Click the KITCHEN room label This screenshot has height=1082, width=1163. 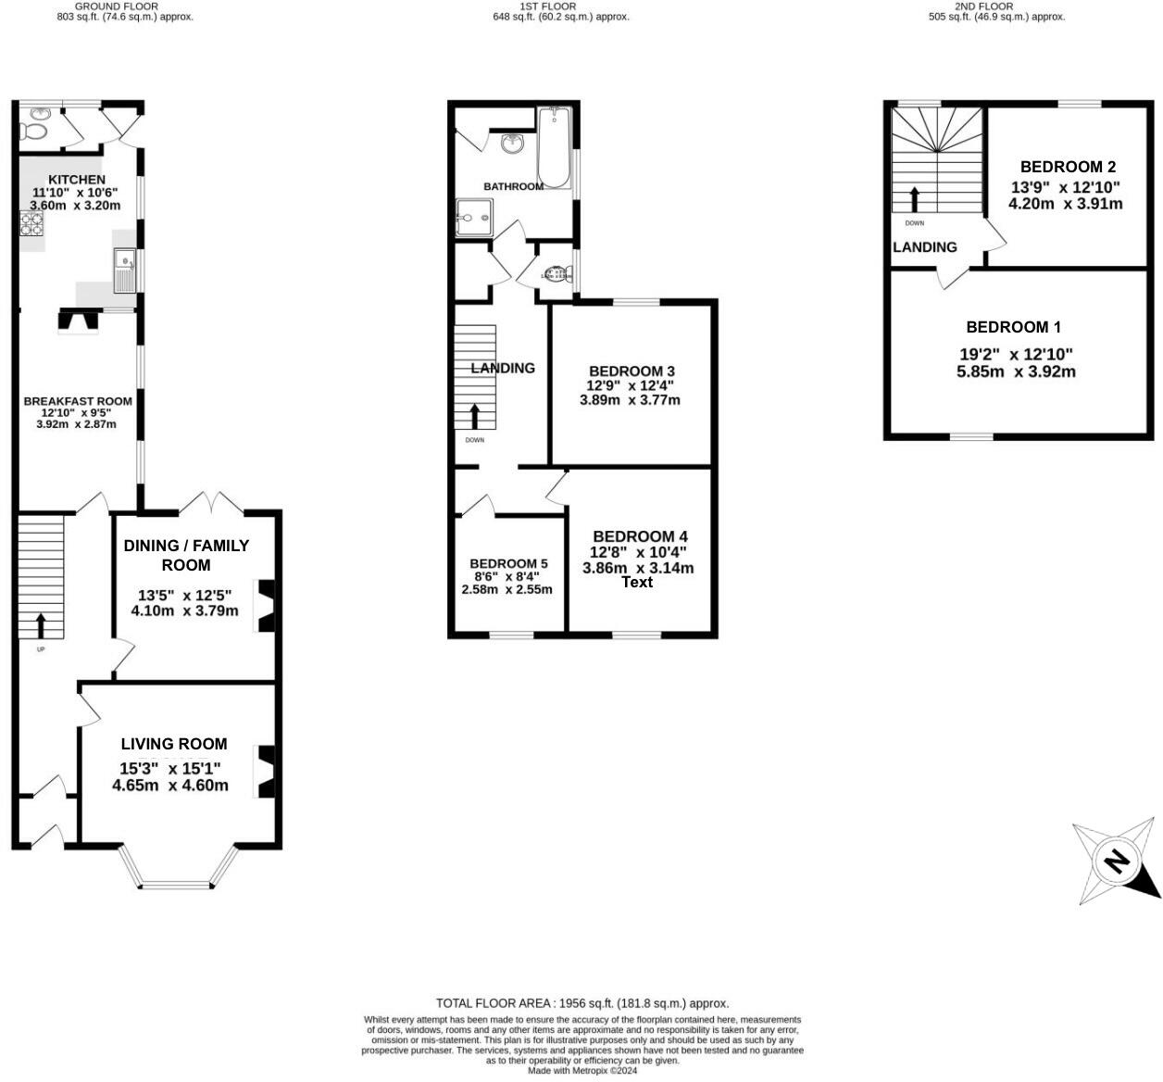77,180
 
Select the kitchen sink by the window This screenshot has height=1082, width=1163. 124,270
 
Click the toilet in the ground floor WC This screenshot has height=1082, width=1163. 36,126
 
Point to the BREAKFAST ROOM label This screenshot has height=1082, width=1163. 78,401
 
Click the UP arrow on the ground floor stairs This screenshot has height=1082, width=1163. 41,625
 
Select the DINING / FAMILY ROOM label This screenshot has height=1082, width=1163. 186,555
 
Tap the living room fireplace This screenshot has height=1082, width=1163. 267,772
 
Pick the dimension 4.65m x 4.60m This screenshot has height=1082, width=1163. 170,786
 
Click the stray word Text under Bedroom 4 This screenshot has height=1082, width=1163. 637,582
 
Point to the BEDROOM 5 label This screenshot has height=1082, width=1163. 508,563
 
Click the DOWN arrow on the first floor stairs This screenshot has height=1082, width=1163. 475,415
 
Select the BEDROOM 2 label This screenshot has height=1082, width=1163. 1068,167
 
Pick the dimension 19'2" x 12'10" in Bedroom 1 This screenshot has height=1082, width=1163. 1016,354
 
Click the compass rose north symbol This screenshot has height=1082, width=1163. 1117,862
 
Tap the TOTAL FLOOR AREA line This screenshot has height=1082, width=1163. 582,1003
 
